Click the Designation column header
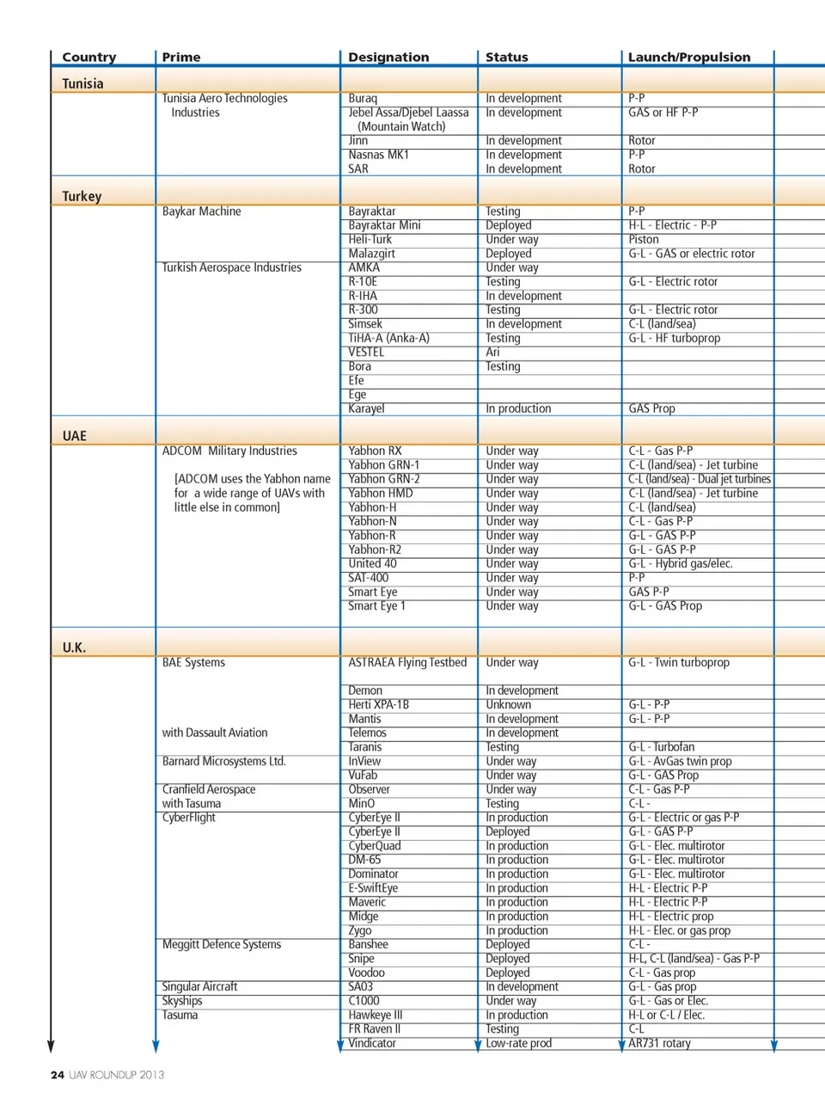[x=388, y=58]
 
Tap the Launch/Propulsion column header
[x=688, y=58]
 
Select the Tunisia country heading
[x=82, y=83]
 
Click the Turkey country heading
[x=82, y=196]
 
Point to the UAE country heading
[x=75, y=436]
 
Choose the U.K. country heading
[x=74, y=647]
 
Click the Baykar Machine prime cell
[x=202, y=212]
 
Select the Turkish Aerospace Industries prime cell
[x=232, y=267]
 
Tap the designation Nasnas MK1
[x=379, y=155]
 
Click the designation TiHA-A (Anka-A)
[x=388, y=338]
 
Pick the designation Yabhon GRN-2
[x=384, y=479]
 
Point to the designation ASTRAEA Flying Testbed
[x=407, y=663]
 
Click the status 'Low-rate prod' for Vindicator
[x=519, y=1043]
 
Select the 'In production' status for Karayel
[x=518, y=408]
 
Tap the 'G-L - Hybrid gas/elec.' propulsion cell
[x=681, y=564]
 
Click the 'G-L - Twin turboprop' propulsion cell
[x=679, y=663]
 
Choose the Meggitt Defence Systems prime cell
[x=222, y=944]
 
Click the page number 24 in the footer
[x=58, y=1075]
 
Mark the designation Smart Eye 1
[x=376, y=606]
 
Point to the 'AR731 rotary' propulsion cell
[x=659, y=1043]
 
